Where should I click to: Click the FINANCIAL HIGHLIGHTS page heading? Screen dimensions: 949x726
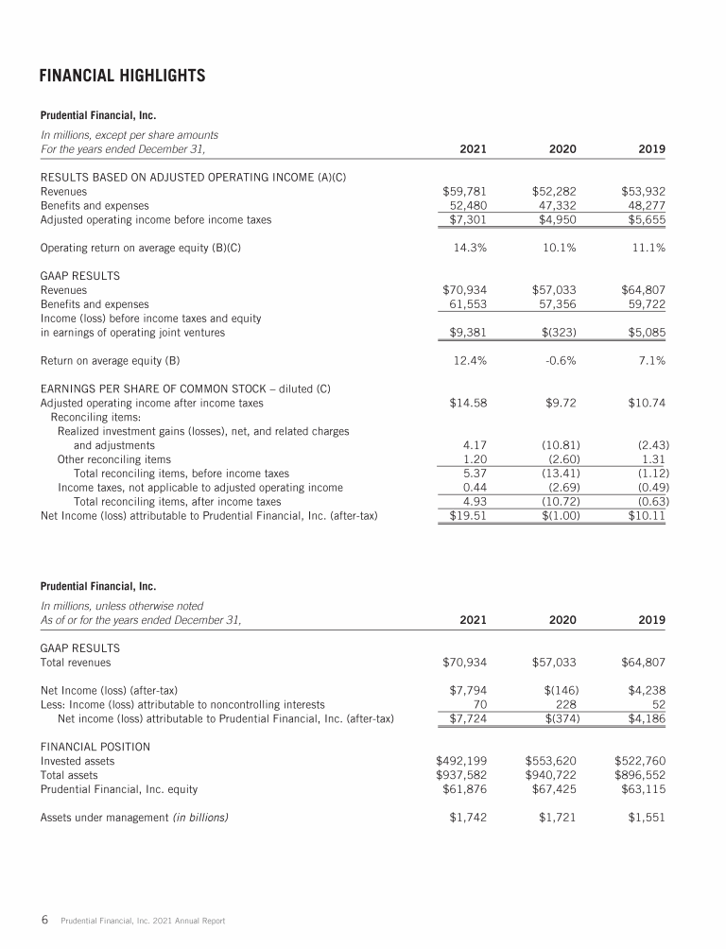(122, 74)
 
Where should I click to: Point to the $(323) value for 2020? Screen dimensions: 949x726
(558, 332)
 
